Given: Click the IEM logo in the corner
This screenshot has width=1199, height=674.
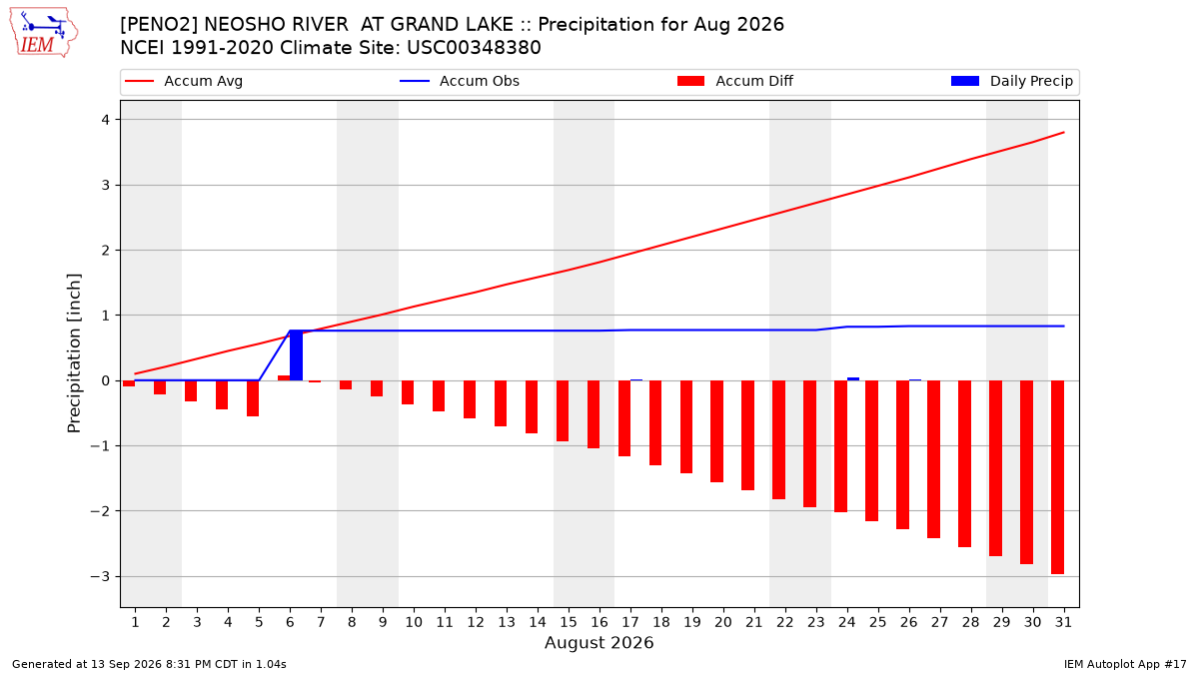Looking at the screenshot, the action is [x=44, y=33].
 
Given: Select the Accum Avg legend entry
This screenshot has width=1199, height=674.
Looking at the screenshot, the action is [x=184, y=81].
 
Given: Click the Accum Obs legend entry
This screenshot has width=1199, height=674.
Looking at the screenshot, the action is [x=460, y=81].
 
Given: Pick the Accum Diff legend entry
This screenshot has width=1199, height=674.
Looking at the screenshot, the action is [x=735, y=81].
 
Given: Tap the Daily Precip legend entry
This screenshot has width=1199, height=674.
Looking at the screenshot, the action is [x=1011, y=81].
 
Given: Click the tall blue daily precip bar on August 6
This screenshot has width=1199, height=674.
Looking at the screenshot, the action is [x=296, y=355].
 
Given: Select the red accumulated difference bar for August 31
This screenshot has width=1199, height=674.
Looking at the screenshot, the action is [x=1057, y=477].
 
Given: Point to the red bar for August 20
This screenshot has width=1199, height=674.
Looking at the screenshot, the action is [x=716, y=431].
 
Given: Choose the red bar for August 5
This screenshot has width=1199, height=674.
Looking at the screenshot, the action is [x=253, y=398].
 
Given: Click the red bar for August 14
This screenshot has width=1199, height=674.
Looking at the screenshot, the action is [x=532, y=406].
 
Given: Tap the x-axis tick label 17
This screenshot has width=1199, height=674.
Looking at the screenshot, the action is [x=630, y=622].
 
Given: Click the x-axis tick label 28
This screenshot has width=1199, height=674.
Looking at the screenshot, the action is [x=971, y=622].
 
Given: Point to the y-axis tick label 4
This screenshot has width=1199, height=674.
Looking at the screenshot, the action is [x=106, y=120].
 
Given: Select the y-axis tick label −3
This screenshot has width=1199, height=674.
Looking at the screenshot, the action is [x=100, y=577].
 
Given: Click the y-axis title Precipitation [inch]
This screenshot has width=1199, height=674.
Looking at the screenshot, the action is [x=74, y=353].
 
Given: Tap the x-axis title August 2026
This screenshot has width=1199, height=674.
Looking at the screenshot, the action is [x=599, y=642].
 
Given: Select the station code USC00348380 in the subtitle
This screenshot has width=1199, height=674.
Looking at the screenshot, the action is [x=474, y=48].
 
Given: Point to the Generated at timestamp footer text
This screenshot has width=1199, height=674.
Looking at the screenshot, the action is [x=149, y=664].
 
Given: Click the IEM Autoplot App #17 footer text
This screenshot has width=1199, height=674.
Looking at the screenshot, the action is [x=1125, y=664].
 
